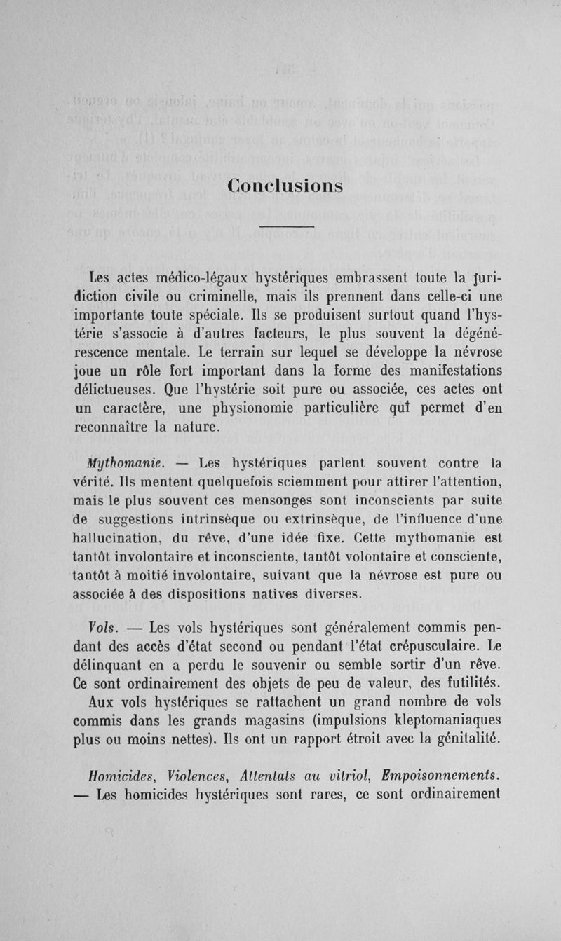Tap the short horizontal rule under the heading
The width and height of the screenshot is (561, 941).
click(285, 227)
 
